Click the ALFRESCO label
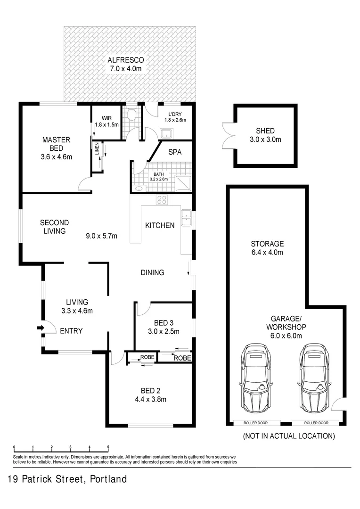(x=125, y=60)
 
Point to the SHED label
(x=265, y=131)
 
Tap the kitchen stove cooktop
(x=162, y=200)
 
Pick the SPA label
(x=175, y=152)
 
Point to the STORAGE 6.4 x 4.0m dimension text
(x=267, y=253)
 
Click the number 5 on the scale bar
(x=108, y=447)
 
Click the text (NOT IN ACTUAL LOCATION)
(x=288, y=436)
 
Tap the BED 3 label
(x=164, y=323)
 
